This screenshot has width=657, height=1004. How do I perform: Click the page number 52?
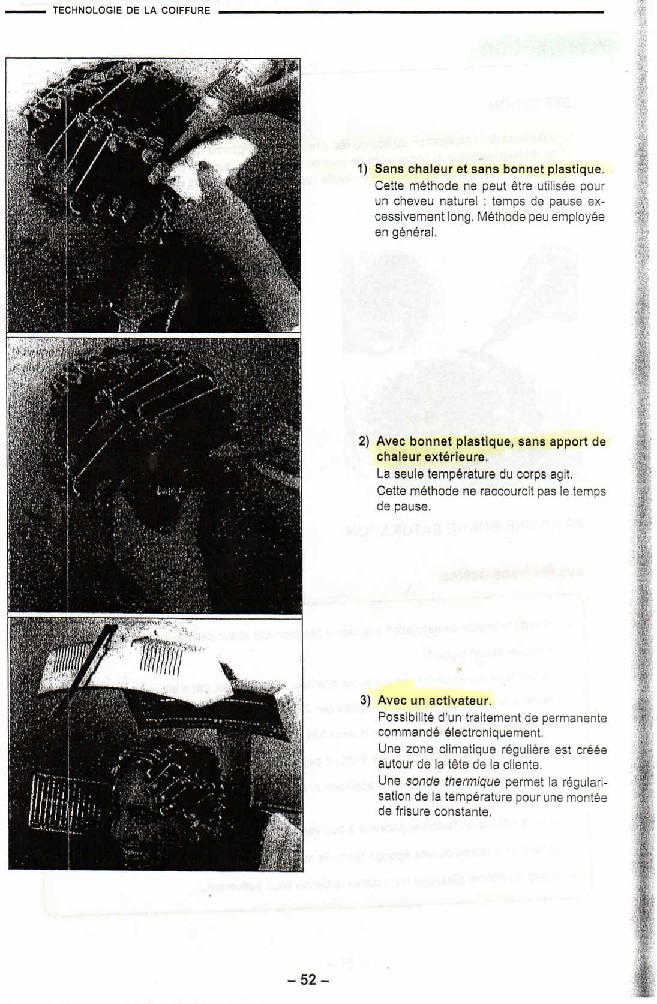308,979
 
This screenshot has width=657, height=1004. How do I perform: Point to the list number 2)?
364,441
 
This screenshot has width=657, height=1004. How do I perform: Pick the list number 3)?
365,700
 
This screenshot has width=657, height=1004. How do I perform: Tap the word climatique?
465,749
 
